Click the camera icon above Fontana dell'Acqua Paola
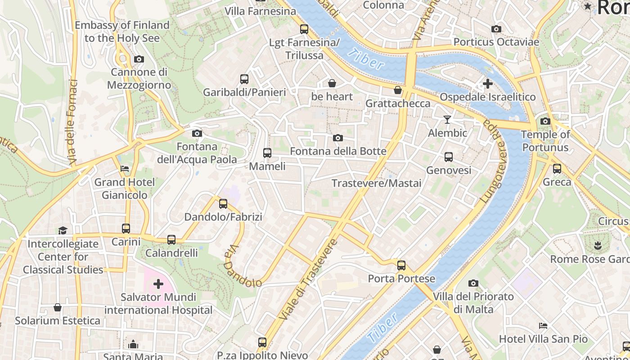tap(197, 133)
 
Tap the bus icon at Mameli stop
tap(267, 153)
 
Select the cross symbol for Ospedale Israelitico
tap(487, 84)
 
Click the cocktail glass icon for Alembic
tap(447, 119)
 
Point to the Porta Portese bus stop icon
tap(401, 265)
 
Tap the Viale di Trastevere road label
tap(308, 280)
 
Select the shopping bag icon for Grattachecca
tap(398, 90)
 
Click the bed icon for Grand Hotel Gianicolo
tap(125, 169)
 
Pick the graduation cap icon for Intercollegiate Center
tap(62, 230)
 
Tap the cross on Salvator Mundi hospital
tap(158, 284)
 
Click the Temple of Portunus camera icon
tap(545, 121)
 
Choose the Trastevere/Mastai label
tap(376, 183)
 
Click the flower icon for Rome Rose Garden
tap(598, 246)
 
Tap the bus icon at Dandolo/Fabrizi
tap(223, 204)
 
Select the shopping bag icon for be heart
tap(332, 83)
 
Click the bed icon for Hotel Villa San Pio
tap(543, 325)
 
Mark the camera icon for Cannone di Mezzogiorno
tap(139, 59)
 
